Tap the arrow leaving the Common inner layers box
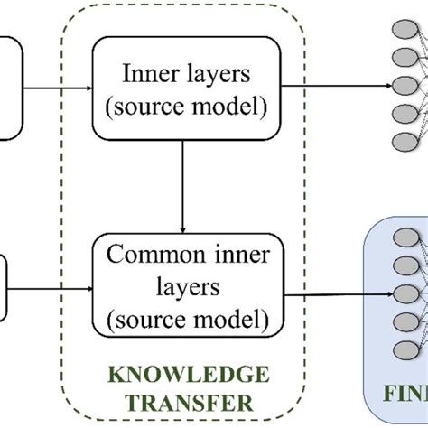[x=334, y=293]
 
